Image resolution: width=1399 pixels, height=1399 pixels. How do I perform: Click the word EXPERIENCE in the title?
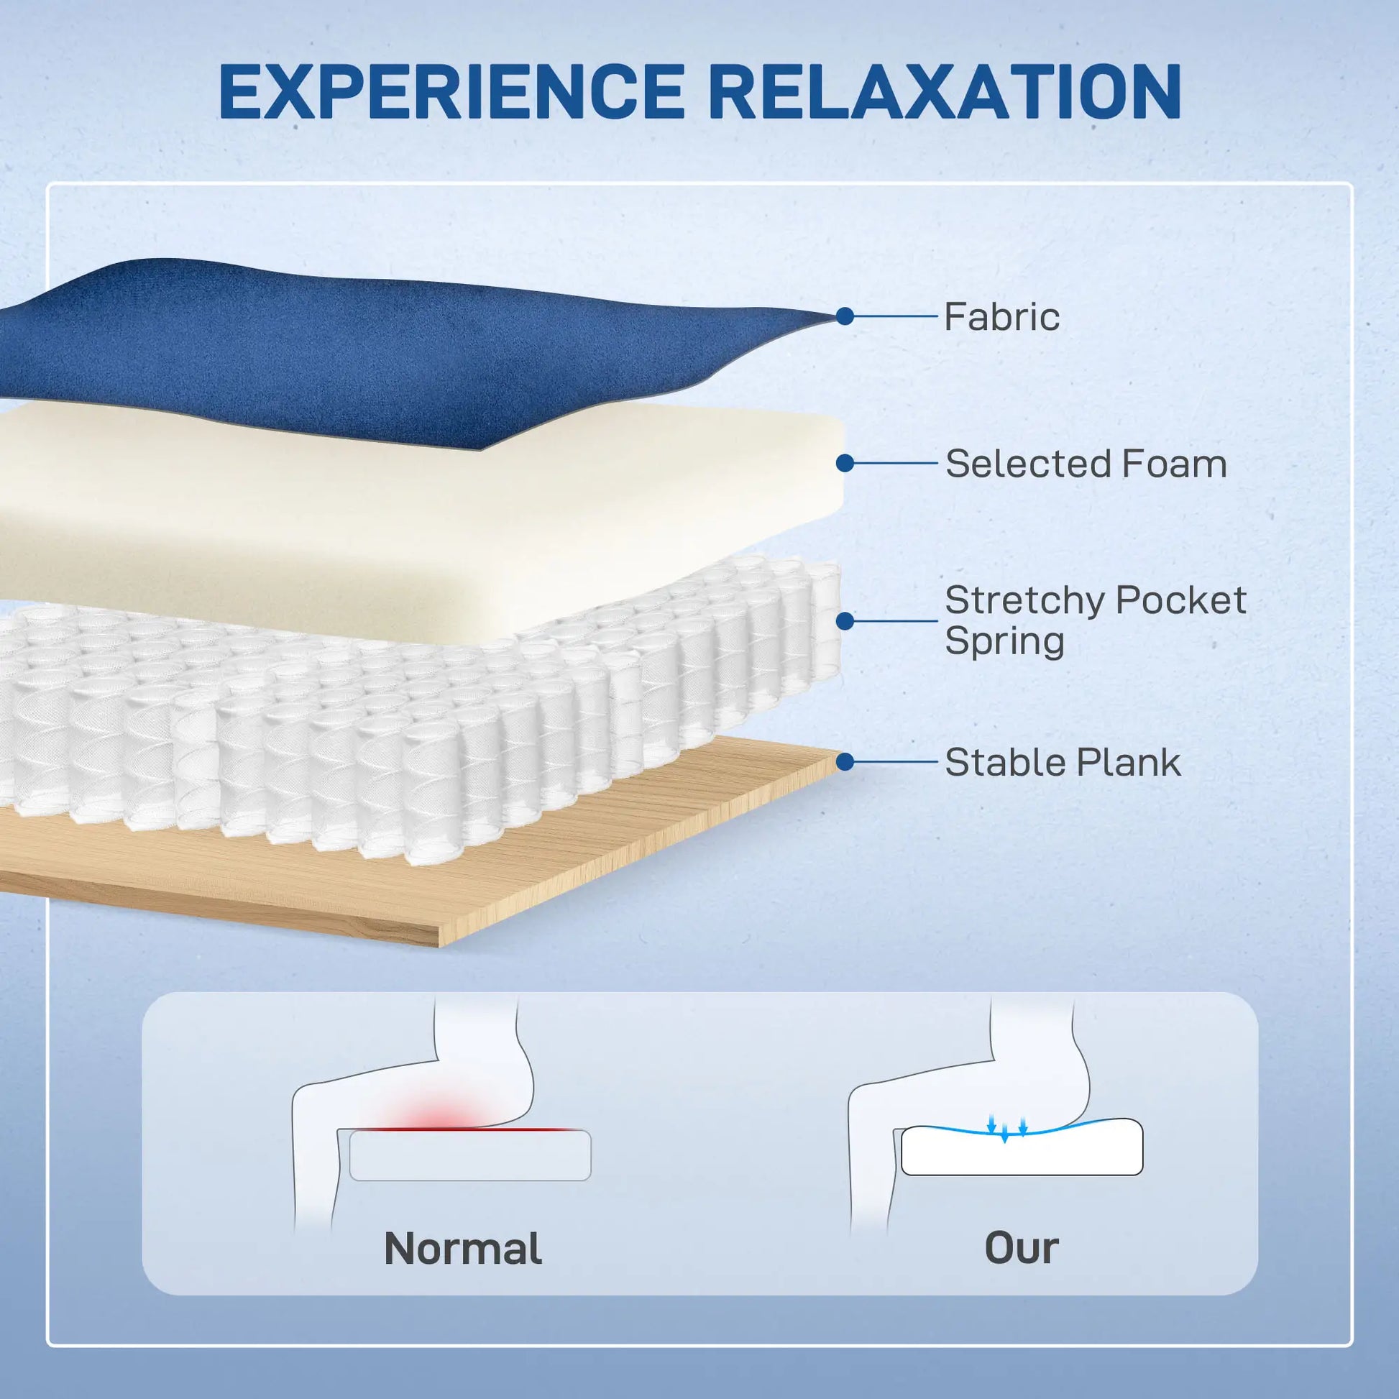pos(451,92)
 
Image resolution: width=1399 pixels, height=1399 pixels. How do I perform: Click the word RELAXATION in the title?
pos(951,92)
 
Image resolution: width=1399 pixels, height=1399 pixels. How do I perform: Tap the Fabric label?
pos(1001,316)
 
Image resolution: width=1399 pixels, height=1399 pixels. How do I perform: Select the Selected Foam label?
pos(1086,464)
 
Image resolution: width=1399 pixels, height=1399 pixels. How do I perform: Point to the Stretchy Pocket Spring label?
pos(1096,620)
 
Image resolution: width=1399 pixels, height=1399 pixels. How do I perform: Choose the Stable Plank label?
pos(1063,762)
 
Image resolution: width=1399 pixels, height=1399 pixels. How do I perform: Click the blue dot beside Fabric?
pos(844,316)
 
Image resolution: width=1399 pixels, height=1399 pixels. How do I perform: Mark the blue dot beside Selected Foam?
pos(845,463)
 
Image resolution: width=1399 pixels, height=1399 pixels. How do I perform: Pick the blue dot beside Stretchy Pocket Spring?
pos(845,620)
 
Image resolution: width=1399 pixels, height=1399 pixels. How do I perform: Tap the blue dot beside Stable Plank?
pos(845,762)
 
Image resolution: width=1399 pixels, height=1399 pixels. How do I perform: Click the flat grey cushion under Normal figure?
pos(470,1155)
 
